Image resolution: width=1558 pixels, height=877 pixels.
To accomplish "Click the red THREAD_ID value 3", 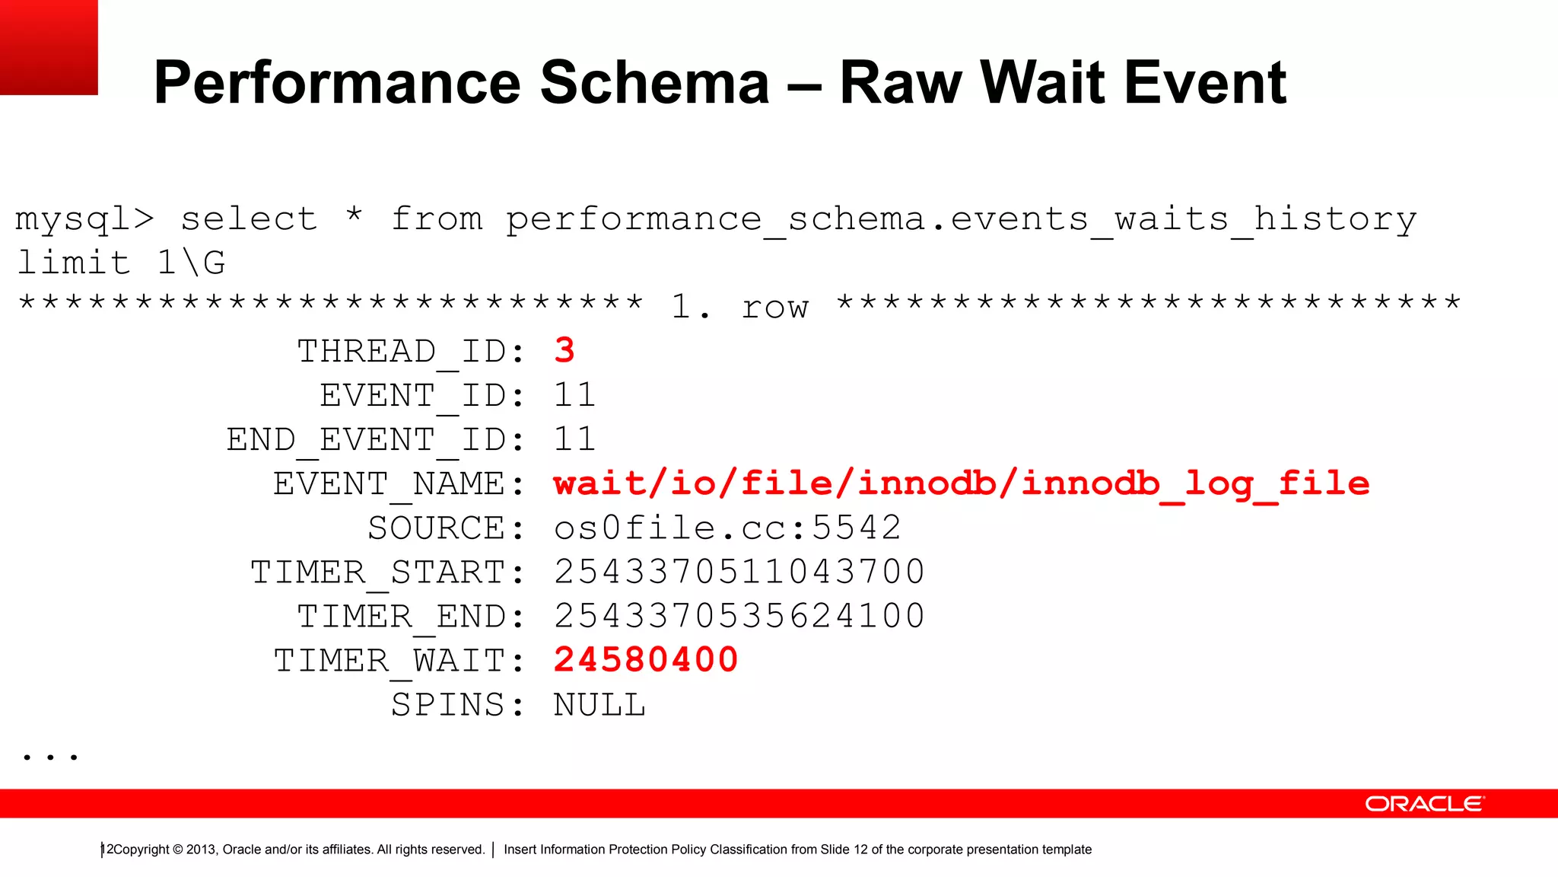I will (564, 351).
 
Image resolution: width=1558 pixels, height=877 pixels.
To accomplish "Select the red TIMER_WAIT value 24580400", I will (646, 660).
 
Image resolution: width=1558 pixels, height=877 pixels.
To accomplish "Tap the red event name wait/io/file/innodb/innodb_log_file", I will (962, 484).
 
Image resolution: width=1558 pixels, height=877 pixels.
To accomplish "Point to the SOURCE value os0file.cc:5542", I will (727, 528).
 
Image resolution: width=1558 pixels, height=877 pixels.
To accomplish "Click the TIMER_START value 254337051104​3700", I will (739, 572).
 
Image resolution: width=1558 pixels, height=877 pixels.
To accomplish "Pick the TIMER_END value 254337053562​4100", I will (739, 616).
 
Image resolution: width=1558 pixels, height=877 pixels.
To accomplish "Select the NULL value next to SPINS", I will (599, 705).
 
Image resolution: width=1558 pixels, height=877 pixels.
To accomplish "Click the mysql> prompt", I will (84, 220).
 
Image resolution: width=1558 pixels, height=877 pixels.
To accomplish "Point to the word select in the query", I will (249, 219).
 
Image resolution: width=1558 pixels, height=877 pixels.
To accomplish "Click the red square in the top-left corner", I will (49, 47).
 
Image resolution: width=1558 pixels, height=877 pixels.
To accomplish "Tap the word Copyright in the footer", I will (141, 850).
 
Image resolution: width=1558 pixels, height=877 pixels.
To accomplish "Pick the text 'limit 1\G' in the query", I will (121, 263).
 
